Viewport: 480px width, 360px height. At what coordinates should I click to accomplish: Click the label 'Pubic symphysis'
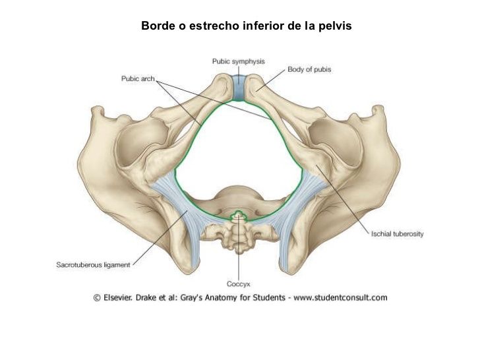238,61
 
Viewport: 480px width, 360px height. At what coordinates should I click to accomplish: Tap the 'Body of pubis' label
309,69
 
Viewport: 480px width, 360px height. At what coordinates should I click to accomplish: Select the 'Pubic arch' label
137,78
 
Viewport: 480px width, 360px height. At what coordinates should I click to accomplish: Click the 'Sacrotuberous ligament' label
92,265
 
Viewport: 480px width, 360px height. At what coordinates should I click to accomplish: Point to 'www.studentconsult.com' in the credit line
340,297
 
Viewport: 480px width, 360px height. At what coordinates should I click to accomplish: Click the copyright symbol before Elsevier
96,297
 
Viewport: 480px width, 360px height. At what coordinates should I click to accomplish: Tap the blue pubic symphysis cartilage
239,89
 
